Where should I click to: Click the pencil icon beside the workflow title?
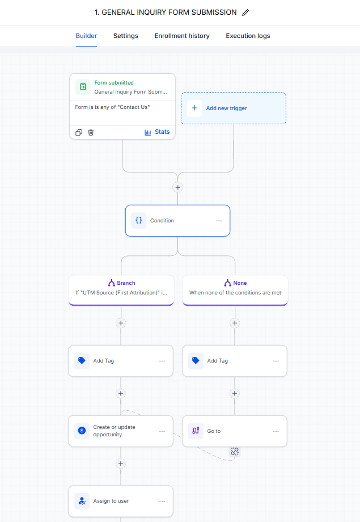pos(245,12)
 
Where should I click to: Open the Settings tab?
pos(125,36)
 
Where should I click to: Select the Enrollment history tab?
pos(182,36)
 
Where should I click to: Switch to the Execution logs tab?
pos(248,36)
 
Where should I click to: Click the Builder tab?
pos(86,36)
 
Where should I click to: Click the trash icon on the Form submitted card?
pos(91,133)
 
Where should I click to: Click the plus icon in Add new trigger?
pos(194,108)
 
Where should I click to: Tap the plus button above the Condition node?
pos(177,187)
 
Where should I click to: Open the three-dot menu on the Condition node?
pos(219,221)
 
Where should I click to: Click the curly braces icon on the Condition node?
pos(139,220)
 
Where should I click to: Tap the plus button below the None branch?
pos(235,323)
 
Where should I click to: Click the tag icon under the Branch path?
pos(82,361)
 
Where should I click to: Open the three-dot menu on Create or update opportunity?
pos(162,431)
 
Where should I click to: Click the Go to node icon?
pos(196,431)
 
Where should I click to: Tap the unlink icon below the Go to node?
pos(235,452)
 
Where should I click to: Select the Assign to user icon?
pos(82,501)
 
